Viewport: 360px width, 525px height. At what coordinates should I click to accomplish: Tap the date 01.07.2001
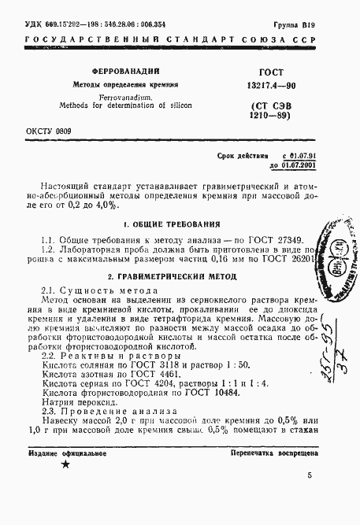[295, 166]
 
